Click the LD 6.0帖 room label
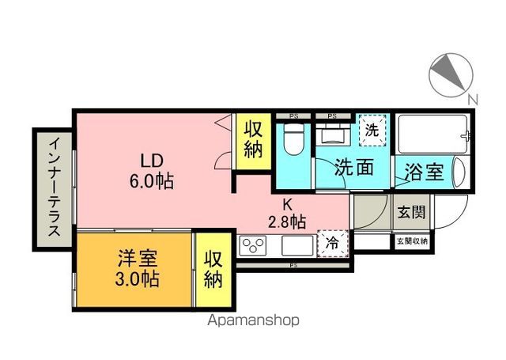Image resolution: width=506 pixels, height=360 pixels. tap(153, 169)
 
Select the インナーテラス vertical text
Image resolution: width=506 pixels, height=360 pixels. tap(53, 188)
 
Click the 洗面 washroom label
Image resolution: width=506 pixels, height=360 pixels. tap(353, 167)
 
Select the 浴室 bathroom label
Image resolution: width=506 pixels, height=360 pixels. tap(424, 170)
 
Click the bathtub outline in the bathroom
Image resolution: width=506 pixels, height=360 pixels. tap(432, 135)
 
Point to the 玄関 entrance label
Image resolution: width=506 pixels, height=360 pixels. tap(410, 211)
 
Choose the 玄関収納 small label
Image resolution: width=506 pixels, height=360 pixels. tap(411, 241)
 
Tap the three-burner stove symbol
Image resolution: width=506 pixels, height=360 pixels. tap(255, 247)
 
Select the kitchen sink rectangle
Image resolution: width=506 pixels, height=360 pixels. tap(297, 247)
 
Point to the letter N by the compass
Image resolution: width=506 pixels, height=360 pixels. tap(472, 99)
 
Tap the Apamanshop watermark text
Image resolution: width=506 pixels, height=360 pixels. tap(253, 321)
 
